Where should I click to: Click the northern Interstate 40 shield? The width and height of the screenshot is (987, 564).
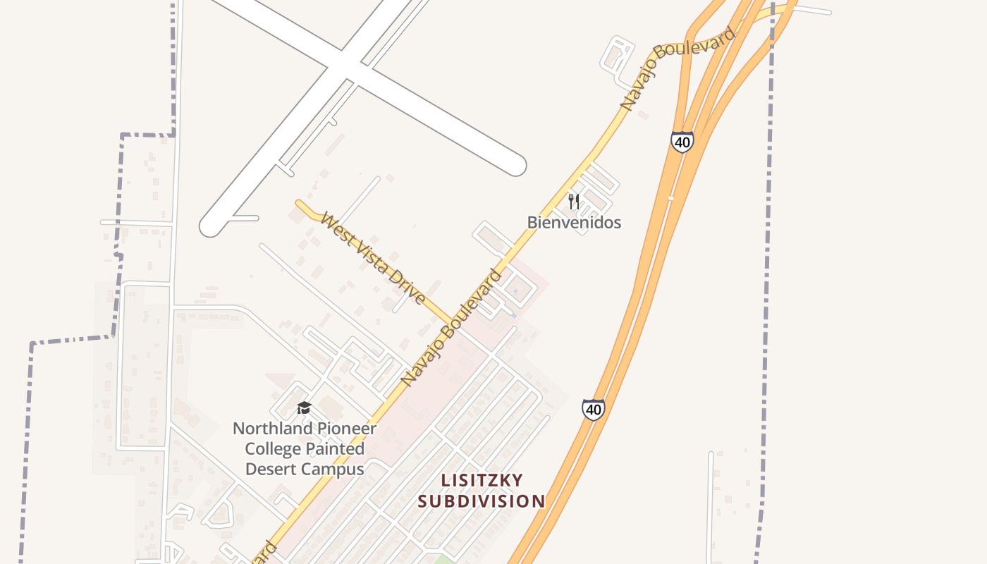pos(682,142)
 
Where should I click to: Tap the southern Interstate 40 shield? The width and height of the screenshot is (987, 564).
pos(593,409)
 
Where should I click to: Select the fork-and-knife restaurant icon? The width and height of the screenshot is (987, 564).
pos(574,202)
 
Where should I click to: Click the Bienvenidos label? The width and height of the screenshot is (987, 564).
pos(574,223)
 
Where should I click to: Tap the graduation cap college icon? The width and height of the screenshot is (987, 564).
pos(304,407)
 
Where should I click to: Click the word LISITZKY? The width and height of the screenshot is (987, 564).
pos(482,481)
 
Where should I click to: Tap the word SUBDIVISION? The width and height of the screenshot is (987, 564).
pos(482,501)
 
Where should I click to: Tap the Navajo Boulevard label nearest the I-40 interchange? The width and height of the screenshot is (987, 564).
pos(678,68)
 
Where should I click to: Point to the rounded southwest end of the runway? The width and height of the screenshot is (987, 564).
pos(211,226)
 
